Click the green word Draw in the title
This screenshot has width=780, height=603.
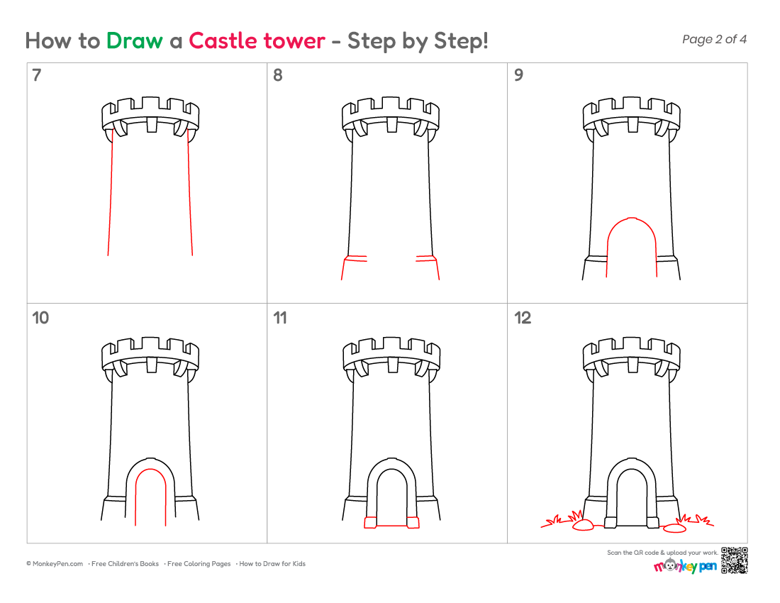[134, 41]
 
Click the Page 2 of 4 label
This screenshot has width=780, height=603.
[714, 39]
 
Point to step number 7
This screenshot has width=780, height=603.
[37, 75]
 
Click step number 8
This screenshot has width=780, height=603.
[277, 75]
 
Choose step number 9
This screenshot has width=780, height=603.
[518, 75]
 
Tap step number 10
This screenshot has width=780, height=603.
[40, 318]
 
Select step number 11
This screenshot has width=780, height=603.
[280, 318]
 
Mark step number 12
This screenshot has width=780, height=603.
[523, 318]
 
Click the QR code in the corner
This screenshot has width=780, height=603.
[734, 560]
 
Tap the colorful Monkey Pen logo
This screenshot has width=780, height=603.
[686, 566]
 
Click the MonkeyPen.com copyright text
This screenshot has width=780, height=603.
[55, 564]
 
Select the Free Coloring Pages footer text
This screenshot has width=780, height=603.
[199, 564]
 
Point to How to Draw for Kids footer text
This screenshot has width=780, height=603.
[272, 564]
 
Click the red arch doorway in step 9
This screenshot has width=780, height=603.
[631, 218]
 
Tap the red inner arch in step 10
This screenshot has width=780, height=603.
[150, 469]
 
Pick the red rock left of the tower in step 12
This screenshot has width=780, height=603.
[583, 526]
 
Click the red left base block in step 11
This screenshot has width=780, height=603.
[370, 522]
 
